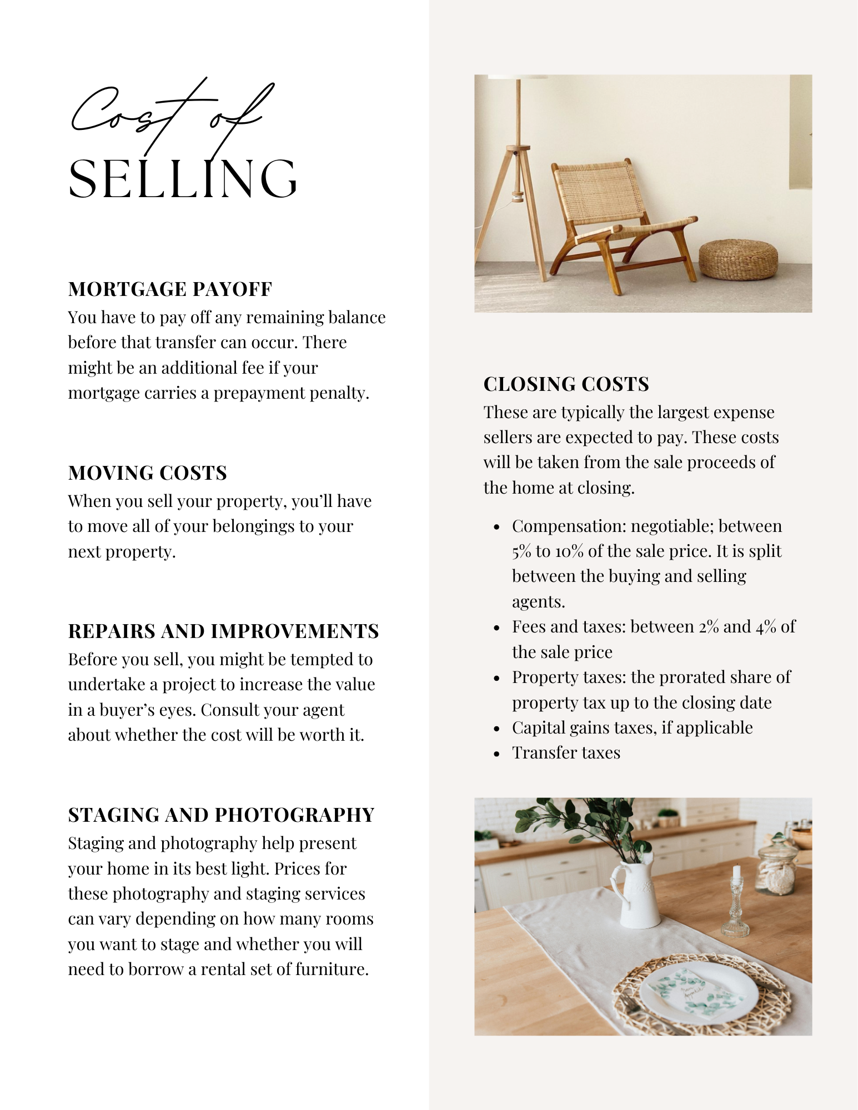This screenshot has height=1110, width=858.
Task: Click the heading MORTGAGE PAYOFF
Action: (170, 289)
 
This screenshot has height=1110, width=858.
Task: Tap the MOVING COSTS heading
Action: (147, 473)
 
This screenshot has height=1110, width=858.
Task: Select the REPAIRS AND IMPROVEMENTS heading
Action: (223, 631)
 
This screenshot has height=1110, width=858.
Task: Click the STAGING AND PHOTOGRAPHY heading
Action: (221, 815)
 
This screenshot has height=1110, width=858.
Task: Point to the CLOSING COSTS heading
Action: (566, 384)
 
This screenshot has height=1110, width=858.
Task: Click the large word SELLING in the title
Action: (183, 179)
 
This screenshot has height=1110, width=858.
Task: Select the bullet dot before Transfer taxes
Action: (497, 754)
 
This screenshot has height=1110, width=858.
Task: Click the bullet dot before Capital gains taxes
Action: (497, 729)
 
